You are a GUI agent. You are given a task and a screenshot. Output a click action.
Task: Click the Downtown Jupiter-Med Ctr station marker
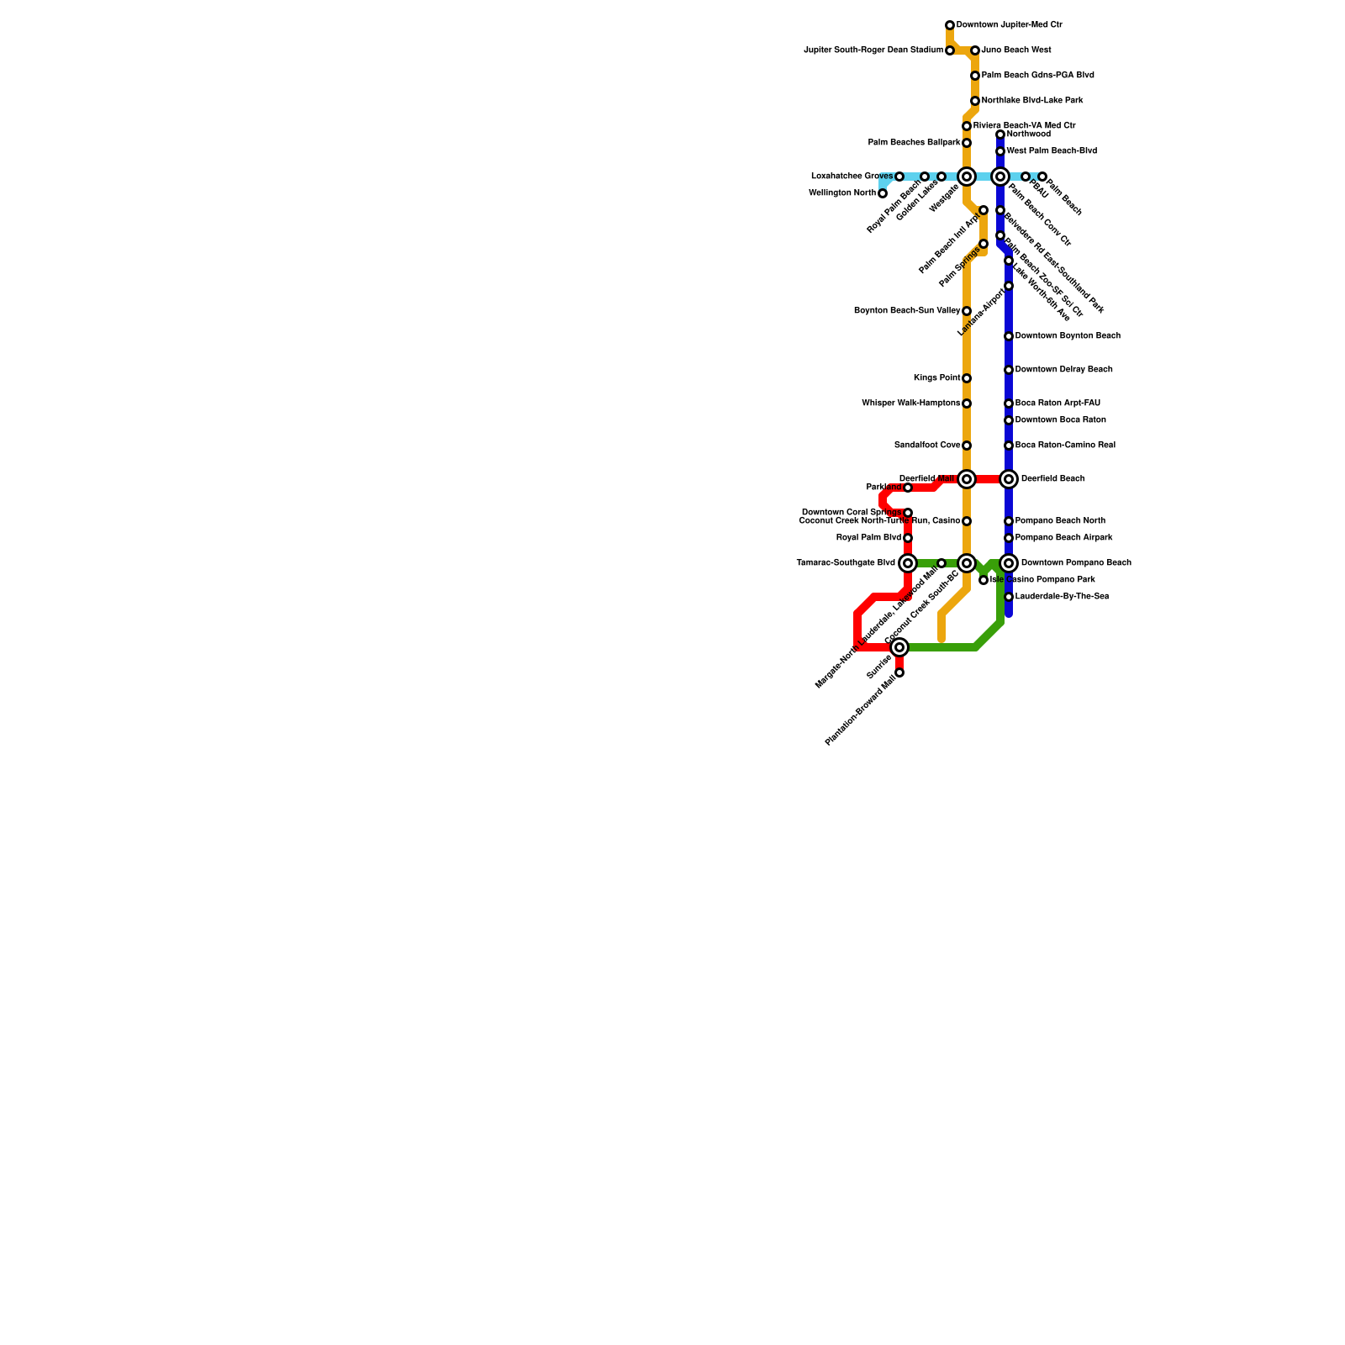pos(950,25)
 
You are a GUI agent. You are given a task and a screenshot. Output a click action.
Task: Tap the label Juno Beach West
pos(1015,50)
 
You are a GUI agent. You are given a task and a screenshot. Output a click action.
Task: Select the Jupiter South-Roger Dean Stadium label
pos(873,50)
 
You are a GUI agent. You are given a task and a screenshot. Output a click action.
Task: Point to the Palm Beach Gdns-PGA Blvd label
pos(1037,76)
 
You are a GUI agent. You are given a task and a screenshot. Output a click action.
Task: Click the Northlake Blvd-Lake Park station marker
pos(975,101)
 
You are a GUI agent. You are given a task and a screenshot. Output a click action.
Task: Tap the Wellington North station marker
pos(883,193)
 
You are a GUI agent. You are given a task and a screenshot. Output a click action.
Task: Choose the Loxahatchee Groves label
pos(852,177)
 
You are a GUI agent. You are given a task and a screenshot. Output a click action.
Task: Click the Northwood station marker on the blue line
pos(1000,134)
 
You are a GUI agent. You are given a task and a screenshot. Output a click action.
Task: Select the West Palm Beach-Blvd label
pos(1051,151)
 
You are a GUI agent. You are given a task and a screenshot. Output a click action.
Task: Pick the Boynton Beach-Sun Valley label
pos(907,311)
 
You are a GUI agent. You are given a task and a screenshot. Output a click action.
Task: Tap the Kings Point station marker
pos(967,378)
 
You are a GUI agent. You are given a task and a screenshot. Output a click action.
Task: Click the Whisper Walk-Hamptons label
pos(910,403)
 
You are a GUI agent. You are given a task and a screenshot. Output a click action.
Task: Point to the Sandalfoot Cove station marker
pos(967,446)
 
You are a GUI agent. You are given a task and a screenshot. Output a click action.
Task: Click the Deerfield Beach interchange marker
pos(1009,479)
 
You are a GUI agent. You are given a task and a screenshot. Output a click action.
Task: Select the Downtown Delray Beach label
pos(1063,370)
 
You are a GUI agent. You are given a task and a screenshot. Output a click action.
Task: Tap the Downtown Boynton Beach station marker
pos(1009,336)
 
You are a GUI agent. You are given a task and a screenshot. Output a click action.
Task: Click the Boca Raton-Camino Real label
pos(1064,446)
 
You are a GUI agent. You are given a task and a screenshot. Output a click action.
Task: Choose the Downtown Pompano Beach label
pos(1075,563)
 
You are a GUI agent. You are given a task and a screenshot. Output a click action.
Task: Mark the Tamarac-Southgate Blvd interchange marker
pos(908,563)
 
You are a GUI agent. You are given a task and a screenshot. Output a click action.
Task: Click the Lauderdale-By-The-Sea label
pos(1062,597)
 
